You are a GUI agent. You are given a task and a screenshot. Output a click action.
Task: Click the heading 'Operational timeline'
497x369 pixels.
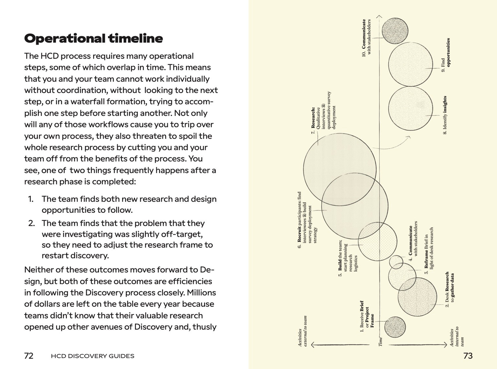tap(93, 39)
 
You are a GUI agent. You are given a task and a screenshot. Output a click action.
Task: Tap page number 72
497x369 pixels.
tap(29, 356)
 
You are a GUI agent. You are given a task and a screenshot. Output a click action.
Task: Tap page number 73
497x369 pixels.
tap(468, 356)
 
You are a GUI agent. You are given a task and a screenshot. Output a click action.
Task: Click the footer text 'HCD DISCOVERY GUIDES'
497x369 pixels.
tap(93, 356)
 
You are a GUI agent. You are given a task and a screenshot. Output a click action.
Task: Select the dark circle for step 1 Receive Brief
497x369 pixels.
tap(395, 327)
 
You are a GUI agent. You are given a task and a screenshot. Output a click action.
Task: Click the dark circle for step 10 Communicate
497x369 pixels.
tap(395, 31)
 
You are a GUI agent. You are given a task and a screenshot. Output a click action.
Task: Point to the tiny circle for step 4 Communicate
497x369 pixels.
tap(396, 262)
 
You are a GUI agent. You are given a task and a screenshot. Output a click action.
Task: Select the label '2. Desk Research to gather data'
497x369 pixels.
tap(450, 290)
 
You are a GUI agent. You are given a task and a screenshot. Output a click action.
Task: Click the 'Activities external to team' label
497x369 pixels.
tap(303, 331)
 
